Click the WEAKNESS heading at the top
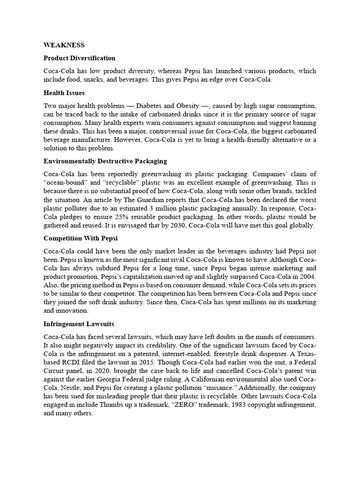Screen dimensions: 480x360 pyautogui.click(x=64, y=45)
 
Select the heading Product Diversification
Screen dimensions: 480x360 pyautogui.click(x=79, y=58)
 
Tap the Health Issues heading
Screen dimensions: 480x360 pyautogui.click(x=64, y=93)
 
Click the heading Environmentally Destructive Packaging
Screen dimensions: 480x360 pyautogui.click(x=105, y=161)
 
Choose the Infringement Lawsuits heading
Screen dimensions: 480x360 pyautogui.click(x=79, y=324)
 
